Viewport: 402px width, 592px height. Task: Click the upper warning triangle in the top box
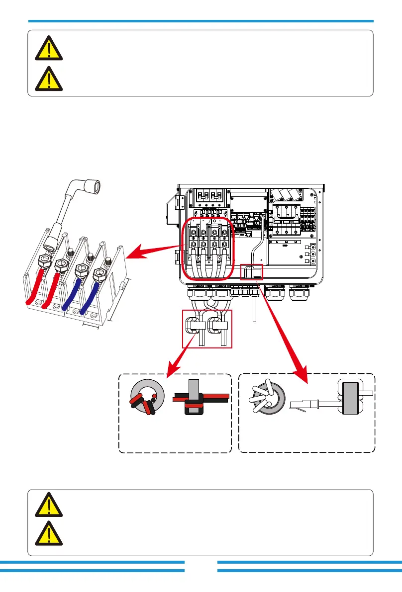[x=49, y=48]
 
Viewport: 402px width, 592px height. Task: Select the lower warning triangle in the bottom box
[x=49, y=535]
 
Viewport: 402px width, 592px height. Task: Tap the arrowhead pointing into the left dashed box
[x=173, y=367]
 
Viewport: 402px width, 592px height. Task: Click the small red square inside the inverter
[x=252, y=272]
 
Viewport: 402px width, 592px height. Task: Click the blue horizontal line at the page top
[x=201, y=21]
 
